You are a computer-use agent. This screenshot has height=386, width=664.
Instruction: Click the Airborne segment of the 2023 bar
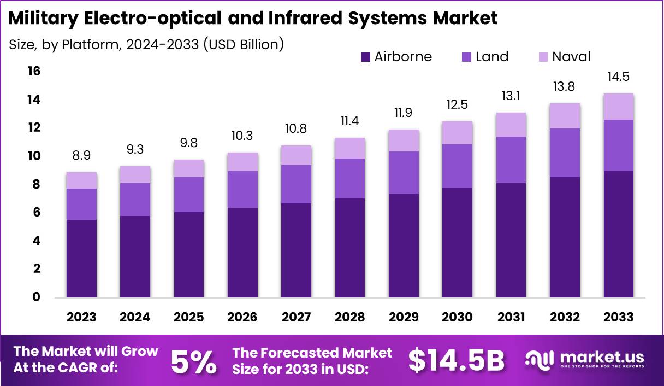81,258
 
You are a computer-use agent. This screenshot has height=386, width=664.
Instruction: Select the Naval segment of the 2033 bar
619,107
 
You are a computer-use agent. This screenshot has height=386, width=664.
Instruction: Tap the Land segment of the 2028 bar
350,178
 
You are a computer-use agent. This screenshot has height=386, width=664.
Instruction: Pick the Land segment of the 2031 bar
511,159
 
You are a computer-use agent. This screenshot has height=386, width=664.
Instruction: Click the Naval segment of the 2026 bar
242,162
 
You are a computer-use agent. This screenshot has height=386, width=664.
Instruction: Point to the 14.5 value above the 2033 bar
619,77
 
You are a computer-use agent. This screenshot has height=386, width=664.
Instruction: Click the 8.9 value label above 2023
81,156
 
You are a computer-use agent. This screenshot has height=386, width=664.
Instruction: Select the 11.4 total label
350,121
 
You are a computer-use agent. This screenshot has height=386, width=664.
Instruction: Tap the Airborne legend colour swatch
365,57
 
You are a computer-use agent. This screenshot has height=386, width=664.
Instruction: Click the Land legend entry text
491,57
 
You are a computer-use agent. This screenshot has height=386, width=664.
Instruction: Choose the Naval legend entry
571,57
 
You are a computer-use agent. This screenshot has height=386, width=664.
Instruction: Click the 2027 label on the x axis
296,317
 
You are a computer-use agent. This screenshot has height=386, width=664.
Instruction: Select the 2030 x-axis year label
458,317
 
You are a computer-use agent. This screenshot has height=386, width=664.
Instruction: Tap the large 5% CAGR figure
193,361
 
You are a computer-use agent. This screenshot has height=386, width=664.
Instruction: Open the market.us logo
584,360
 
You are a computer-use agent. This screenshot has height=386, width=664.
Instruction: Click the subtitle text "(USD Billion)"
243,44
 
